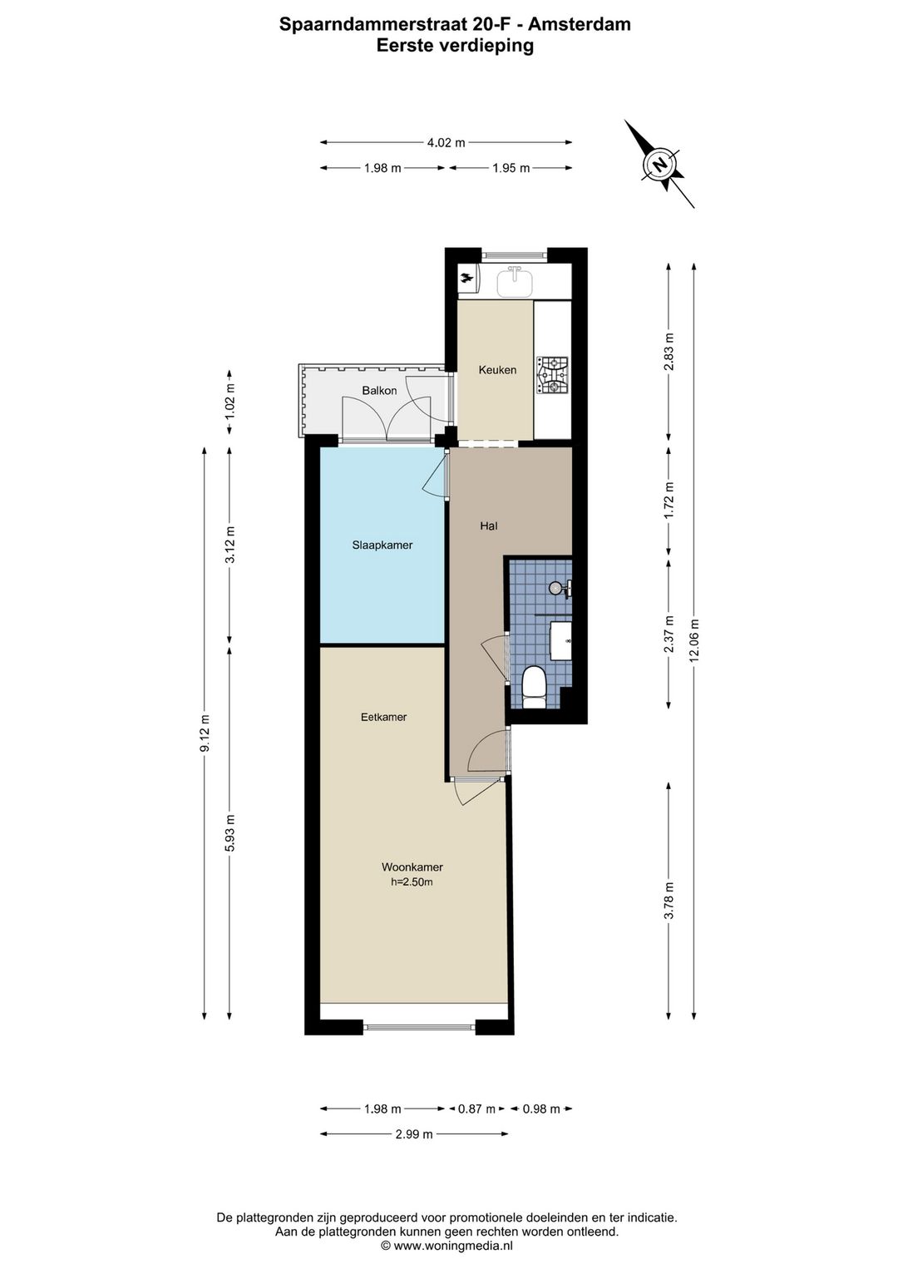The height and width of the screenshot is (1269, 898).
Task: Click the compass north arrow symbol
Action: tap(660, 164)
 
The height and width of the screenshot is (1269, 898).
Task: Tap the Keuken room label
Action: tap(497, 370)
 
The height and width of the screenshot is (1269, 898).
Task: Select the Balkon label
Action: tap(379, 391)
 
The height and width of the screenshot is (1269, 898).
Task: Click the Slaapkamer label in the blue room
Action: tap(382, 546)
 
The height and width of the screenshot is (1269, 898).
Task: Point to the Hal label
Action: tap(489, 526)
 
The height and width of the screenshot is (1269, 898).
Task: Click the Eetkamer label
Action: tap(383, 717)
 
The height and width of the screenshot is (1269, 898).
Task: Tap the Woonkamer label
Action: tap(412, 867)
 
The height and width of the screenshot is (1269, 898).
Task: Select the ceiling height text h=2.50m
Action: tap(412, 882)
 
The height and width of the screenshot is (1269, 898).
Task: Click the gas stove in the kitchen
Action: tap(553, 375)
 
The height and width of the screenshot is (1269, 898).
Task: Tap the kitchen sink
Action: tap(516, 282)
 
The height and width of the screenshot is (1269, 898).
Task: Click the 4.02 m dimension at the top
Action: tap(446, 142)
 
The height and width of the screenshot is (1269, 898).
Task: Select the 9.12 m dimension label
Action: tap(205, 733)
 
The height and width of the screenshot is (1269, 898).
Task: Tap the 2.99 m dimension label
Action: tap(414, 1133)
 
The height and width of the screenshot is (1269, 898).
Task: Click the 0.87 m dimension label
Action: tap(476, 1109)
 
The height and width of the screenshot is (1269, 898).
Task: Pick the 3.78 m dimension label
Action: tap(669, 901)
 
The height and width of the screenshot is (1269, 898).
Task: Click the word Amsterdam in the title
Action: tap(580, 24)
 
